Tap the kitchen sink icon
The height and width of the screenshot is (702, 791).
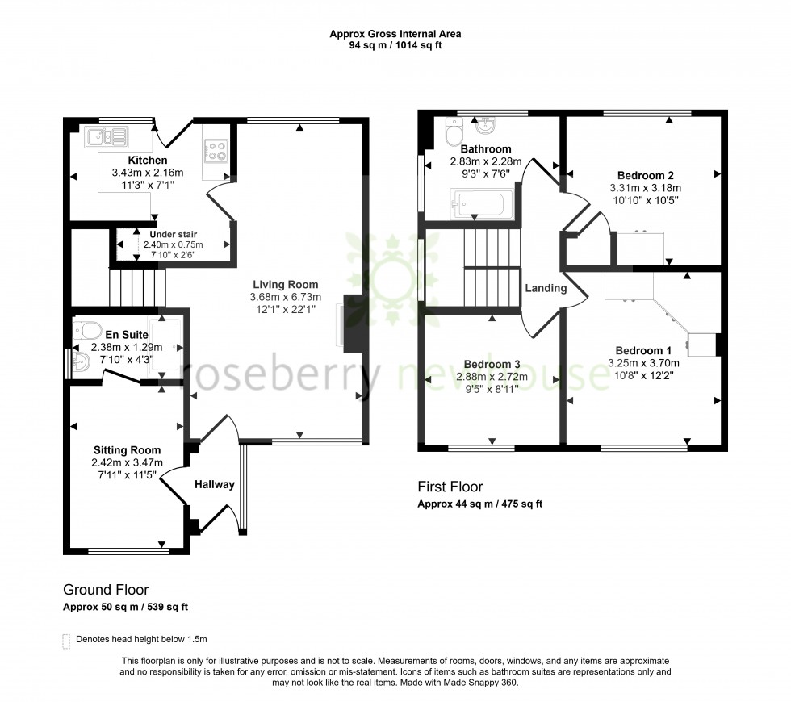(106, 135)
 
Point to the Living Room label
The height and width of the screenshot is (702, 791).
(285, 284)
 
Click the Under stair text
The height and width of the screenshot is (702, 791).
(174, 234)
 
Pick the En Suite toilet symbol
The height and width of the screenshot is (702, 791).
(86, 329)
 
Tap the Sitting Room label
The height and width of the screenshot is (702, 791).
(127, 450)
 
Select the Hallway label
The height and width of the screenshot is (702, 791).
(214, 484)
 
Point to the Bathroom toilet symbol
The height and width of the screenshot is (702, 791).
(453, 133)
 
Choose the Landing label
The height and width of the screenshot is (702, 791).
(546, 288)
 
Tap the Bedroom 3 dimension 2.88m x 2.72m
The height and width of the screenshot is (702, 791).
(492, 377)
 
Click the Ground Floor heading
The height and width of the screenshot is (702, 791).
(106, 590)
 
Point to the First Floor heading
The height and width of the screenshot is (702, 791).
(450, 487)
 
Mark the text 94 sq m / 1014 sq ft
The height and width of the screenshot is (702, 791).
(395, 45)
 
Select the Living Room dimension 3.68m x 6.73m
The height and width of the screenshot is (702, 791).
(285, 297)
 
